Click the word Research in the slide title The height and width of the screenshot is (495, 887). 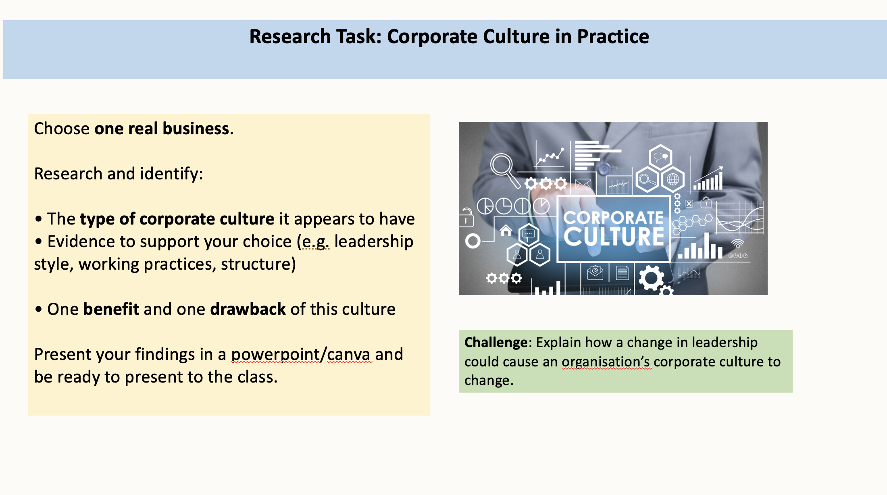[x=290, y=37]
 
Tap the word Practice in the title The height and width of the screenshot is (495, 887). [x=613, y=37]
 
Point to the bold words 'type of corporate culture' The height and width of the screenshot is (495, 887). [x=177, y=219]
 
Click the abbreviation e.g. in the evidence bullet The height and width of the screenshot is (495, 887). [x=316, y=241]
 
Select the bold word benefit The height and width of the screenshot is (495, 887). [x=111, y=309]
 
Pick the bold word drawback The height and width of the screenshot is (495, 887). [x=248, y=309]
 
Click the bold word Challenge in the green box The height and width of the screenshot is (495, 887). [x=496, y=342]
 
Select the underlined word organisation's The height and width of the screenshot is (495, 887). [x=606, y=362]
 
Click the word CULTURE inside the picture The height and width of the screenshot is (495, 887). [x=614, y=236]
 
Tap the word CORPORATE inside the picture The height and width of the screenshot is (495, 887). [x=613, y=218]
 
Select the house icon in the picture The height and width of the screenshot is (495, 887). [x=506, y=230]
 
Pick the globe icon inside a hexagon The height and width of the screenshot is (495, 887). [x=673, y=179]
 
